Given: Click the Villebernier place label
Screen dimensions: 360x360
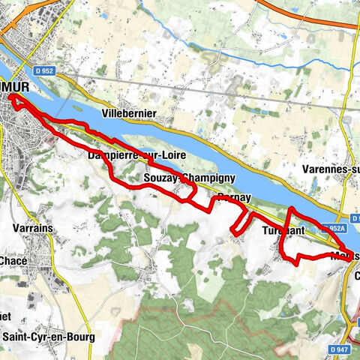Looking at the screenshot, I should (x=130, y=113).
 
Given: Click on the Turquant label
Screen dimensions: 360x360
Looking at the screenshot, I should (x=283, y=230).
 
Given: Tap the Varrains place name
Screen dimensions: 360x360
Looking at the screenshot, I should (x=31, y=225).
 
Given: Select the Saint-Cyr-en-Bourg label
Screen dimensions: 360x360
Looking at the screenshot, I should (x=49, y=337).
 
